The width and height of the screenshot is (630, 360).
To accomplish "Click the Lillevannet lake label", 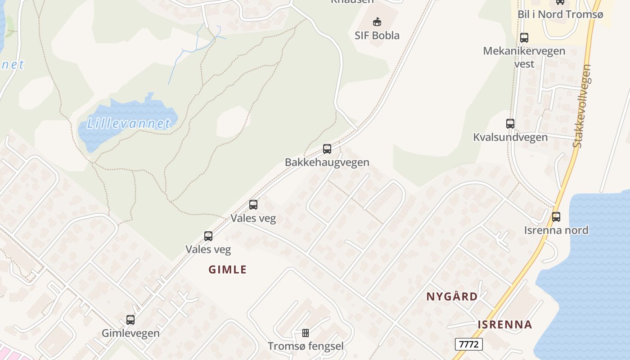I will [129, 123].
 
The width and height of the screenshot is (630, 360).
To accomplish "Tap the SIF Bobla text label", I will [377, 36].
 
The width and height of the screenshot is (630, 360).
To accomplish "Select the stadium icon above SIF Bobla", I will [377, 22].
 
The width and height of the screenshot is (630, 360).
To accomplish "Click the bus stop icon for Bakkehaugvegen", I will [327, 149].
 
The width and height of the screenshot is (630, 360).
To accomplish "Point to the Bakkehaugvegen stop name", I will [327, 162].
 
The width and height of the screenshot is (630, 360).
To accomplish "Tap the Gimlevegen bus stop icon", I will [130, 320].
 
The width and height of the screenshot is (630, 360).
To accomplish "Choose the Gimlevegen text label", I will [130, 333].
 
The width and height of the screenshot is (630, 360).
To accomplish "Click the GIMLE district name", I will [228, 270].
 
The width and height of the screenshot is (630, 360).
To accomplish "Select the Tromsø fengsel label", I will [306, 346].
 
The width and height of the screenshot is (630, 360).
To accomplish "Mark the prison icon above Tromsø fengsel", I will [306, 333].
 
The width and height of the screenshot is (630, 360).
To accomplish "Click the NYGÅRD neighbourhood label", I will [452, 297].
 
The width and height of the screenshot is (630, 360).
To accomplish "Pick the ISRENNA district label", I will [505, 324].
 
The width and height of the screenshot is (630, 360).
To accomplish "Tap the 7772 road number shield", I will [469, 345].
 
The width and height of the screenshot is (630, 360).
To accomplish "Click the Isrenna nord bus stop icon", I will [556, 217].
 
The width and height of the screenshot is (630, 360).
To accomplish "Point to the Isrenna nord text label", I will [556, 230].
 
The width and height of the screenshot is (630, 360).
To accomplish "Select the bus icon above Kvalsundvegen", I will [510, 124].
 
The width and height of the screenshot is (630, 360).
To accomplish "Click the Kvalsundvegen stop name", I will [510, 137].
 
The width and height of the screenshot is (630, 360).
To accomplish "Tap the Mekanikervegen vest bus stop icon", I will [524, 38].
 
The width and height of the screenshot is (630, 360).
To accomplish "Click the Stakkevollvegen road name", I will [582, 106].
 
